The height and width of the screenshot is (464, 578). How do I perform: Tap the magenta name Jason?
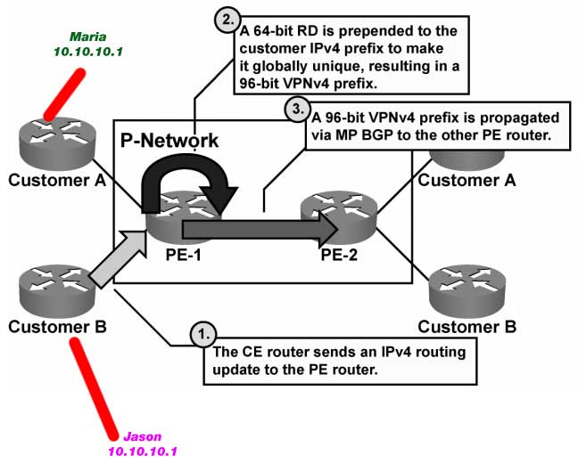142,437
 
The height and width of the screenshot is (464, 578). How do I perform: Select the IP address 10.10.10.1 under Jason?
142,452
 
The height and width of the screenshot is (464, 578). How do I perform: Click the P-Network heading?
169,142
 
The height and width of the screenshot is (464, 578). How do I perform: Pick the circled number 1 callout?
203,333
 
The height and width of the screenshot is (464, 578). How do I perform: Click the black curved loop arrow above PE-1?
193,169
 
